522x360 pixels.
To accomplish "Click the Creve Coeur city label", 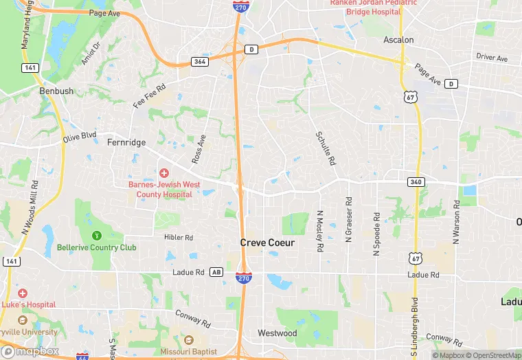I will (267, 243).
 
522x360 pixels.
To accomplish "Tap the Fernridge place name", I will (126, 142).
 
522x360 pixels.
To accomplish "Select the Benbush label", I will (56, 91).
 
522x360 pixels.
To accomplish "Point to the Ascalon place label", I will (398, 40).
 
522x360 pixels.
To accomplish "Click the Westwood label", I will (277, 333).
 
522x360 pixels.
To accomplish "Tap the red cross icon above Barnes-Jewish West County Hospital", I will (164, 172).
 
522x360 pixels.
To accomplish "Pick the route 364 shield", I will (199, 62).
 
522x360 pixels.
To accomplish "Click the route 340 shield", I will (435, 181).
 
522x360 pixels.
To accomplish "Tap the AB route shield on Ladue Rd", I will (216, 272).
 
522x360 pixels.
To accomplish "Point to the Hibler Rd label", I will (179, 237).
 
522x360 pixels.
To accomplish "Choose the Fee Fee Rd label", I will (150, 97).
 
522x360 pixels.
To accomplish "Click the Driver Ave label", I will (492, 58).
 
